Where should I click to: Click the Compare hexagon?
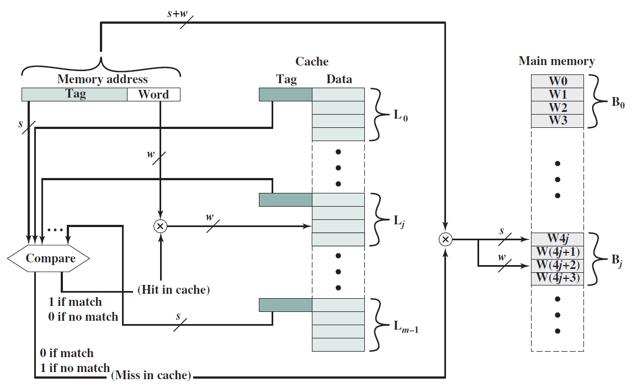(49, 258)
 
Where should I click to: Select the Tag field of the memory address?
(75, 94)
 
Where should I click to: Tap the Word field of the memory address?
(153, 94)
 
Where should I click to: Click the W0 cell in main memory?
(558, 81)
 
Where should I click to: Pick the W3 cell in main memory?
(558, 121)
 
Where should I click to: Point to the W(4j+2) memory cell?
(558, 265)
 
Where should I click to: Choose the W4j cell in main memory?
(558, 239)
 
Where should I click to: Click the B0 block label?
(618, 102)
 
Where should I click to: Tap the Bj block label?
(617, 260)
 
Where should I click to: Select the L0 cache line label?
(401, 116)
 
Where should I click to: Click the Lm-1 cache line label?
(406, 327)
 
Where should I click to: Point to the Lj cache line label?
(399, 222)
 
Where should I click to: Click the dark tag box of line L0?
(285, 94)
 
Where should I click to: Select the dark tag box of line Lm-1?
(285, 305)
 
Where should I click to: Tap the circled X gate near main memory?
(445, 240)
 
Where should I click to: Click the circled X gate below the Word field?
(161, 226)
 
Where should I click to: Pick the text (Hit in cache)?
(174, 289)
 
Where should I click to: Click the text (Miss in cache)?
(151, 375)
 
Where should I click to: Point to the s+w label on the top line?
(178, 13)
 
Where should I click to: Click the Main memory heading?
(556, 61)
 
